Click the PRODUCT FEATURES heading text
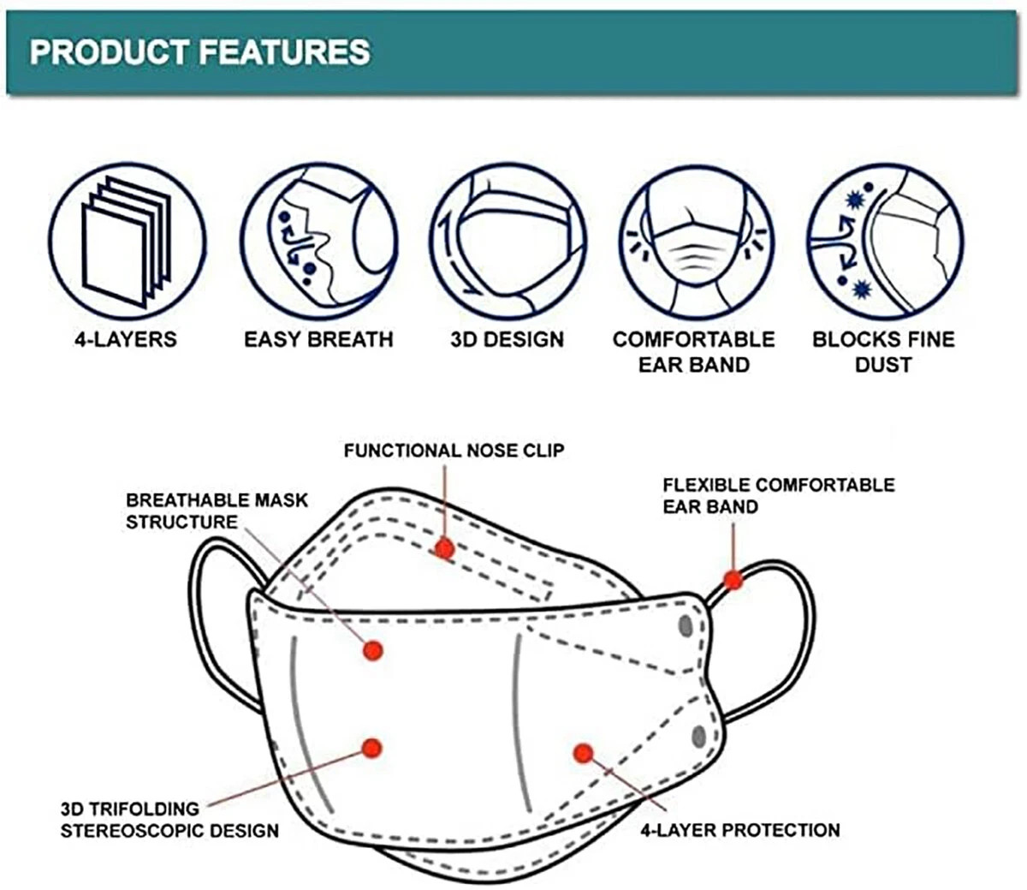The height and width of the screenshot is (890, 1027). (199, 51)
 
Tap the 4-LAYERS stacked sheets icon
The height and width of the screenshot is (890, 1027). (128, 242)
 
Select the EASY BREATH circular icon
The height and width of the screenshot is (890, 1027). (319, 242)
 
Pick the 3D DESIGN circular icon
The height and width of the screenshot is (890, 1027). (508, 242)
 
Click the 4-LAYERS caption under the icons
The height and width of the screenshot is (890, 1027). (126, 339)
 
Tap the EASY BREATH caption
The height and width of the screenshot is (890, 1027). (318, 339)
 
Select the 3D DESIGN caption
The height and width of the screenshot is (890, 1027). (508, 339)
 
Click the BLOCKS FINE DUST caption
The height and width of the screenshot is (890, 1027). (883, 352)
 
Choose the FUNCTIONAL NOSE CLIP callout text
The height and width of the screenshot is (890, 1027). (454, 451)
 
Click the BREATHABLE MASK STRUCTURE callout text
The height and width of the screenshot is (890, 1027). (217, 511)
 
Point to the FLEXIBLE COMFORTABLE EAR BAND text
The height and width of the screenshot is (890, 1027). (779, 496)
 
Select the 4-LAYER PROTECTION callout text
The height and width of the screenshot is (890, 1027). (739, 830)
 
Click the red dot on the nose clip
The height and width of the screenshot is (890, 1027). (445, 549)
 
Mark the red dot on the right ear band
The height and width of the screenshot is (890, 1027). (733, 580)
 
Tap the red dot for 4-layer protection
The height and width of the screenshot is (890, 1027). (584, 753)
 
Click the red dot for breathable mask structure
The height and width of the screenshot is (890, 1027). (373, 650)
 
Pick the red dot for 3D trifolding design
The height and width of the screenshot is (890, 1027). (371, 748)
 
